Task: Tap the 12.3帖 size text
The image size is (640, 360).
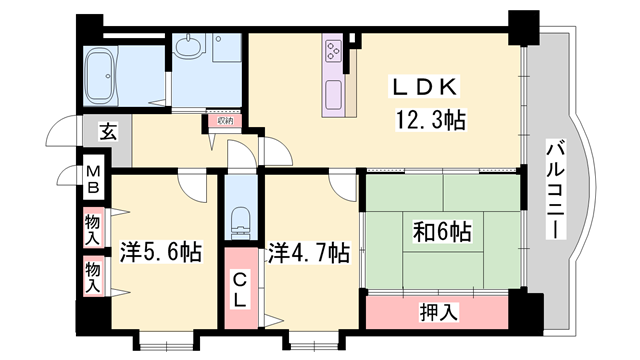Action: pos(431,122)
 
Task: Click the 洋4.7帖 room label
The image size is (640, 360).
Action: pos(308,250)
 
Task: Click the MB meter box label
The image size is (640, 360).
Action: pos(91,179)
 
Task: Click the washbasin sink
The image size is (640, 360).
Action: pos(189,47)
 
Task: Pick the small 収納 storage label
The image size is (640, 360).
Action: pos(222,121)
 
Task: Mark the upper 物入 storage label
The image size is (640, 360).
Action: pos(92,231)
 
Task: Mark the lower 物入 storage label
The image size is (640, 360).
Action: pos(92,276)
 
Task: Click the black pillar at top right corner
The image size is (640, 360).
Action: pos(522,25)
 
